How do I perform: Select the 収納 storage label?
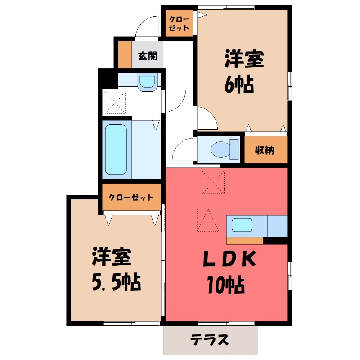(x=265, y=149)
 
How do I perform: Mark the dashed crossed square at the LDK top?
(x=213, y=183)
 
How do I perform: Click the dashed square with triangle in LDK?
(x=208, y=221)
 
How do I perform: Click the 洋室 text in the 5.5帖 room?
(x=112, y=257)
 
